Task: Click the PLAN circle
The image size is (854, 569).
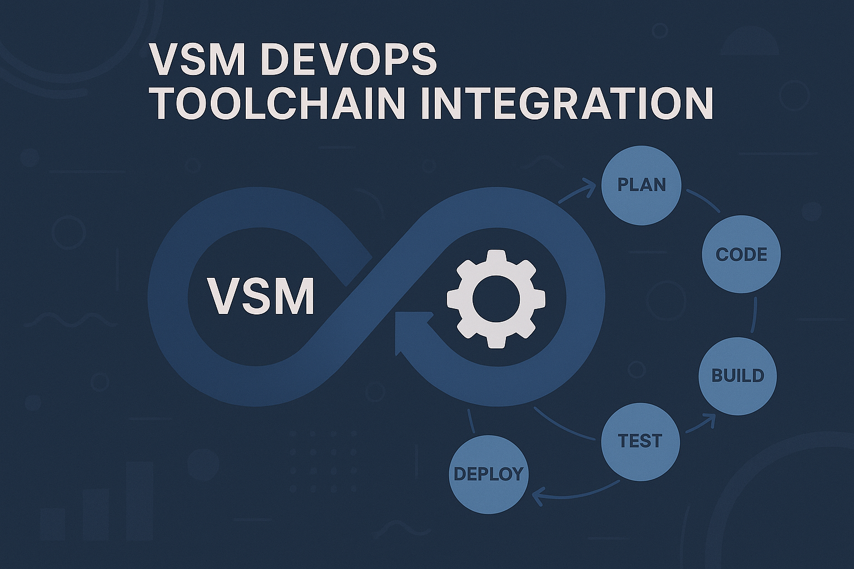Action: point(641,185)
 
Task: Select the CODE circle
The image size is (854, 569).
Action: point(741,254)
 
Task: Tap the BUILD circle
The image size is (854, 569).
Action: point(737,376)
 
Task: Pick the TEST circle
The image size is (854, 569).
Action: point(640,441)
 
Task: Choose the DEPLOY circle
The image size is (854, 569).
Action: point(488,474)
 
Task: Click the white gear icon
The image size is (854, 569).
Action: point(496,300)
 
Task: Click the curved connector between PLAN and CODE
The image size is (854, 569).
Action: point(704,201)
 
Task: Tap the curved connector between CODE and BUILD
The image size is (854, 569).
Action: point(755,315)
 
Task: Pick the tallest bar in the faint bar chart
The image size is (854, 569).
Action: point(139,500)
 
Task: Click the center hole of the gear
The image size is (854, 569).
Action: point(496,300)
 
